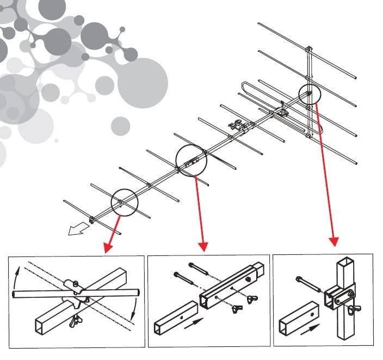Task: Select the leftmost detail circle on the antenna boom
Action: point(125,203)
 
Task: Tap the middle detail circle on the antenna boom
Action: point(192,161)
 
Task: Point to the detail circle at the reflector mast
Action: point(308,96)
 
